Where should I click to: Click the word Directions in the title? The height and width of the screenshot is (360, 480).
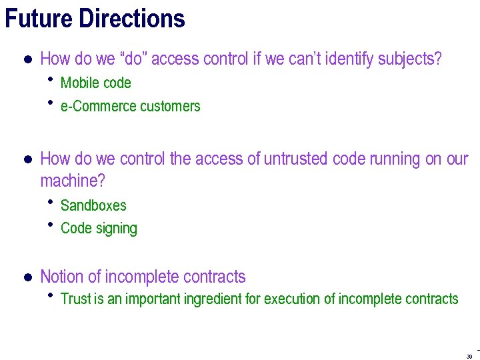pos(131,18)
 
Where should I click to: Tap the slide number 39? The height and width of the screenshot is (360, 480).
pos(470,356)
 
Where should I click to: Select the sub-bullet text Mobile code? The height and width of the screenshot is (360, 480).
pos(95,83)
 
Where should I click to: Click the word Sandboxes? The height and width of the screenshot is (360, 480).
pos(93,205)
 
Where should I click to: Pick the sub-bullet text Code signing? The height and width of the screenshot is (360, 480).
pos(99,229)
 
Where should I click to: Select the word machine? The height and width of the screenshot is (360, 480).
pos(73,181)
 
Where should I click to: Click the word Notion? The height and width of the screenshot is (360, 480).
pos(62,277)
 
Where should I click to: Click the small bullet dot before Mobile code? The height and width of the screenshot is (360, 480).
pos(51,81)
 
